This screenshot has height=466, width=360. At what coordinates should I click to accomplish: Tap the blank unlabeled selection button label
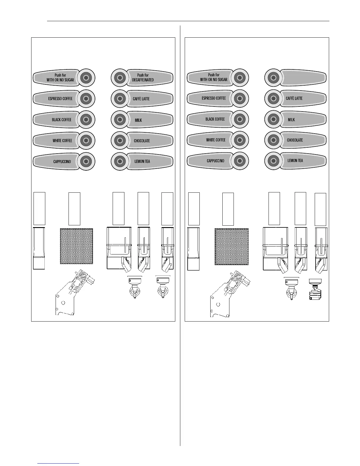(x=303, y=77)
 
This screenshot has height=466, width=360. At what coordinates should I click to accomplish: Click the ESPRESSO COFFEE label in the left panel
(x=60, y=99)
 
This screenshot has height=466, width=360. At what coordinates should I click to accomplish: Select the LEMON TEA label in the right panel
(x=295, y=161)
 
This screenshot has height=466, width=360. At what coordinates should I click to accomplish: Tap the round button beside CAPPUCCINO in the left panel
(x=86, y=161)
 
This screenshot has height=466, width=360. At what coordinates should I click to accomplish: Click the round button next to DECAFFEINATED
(x=119, y=78)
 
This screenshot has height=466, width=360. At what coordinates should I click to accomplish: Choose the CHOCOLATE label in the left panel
(x=142, y=141)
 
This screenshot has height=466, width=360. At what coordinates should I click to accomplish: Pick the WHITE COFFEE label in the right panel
(x=216, y=140)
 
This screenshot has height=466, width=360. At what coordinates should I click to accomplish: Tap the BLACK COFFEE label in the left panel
(x=61, y=120)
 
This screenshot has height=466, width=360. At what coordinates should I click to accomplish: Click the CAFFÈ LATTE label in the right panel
(x=294, y=99)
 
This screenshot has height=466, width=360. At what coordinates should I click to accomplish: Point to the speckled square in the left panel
(x=76, y=246)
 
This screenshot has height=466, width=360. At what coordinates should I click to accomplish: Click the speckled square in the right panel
(x=231, y=247)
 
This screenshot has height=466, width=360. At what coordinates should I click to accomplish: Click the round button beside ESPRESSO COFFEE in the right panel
(x=240, y=98)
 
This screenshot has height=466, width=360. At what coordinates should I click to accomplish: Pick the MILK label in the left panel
(x=138, y=120)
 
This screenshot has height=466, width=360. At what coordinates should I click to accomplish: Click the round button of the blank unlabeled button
(x=273, y=77)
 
